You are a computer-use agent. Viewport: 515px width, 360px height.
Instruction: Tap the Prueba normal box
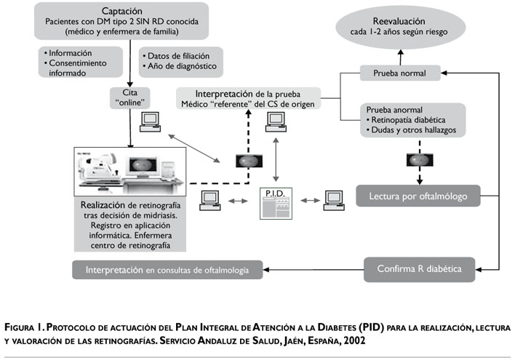401,73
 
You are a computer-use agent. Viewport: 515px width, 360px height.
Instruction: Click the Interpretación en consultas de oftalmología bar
167,270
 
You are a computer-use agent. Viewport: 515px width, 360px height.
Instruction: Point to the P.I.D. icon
276,204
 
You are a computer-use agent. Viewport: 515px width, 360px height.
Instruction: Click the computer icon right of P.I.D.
334,199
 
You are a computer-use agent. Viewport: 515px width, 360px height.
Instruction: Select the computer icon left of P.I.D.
211,199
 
